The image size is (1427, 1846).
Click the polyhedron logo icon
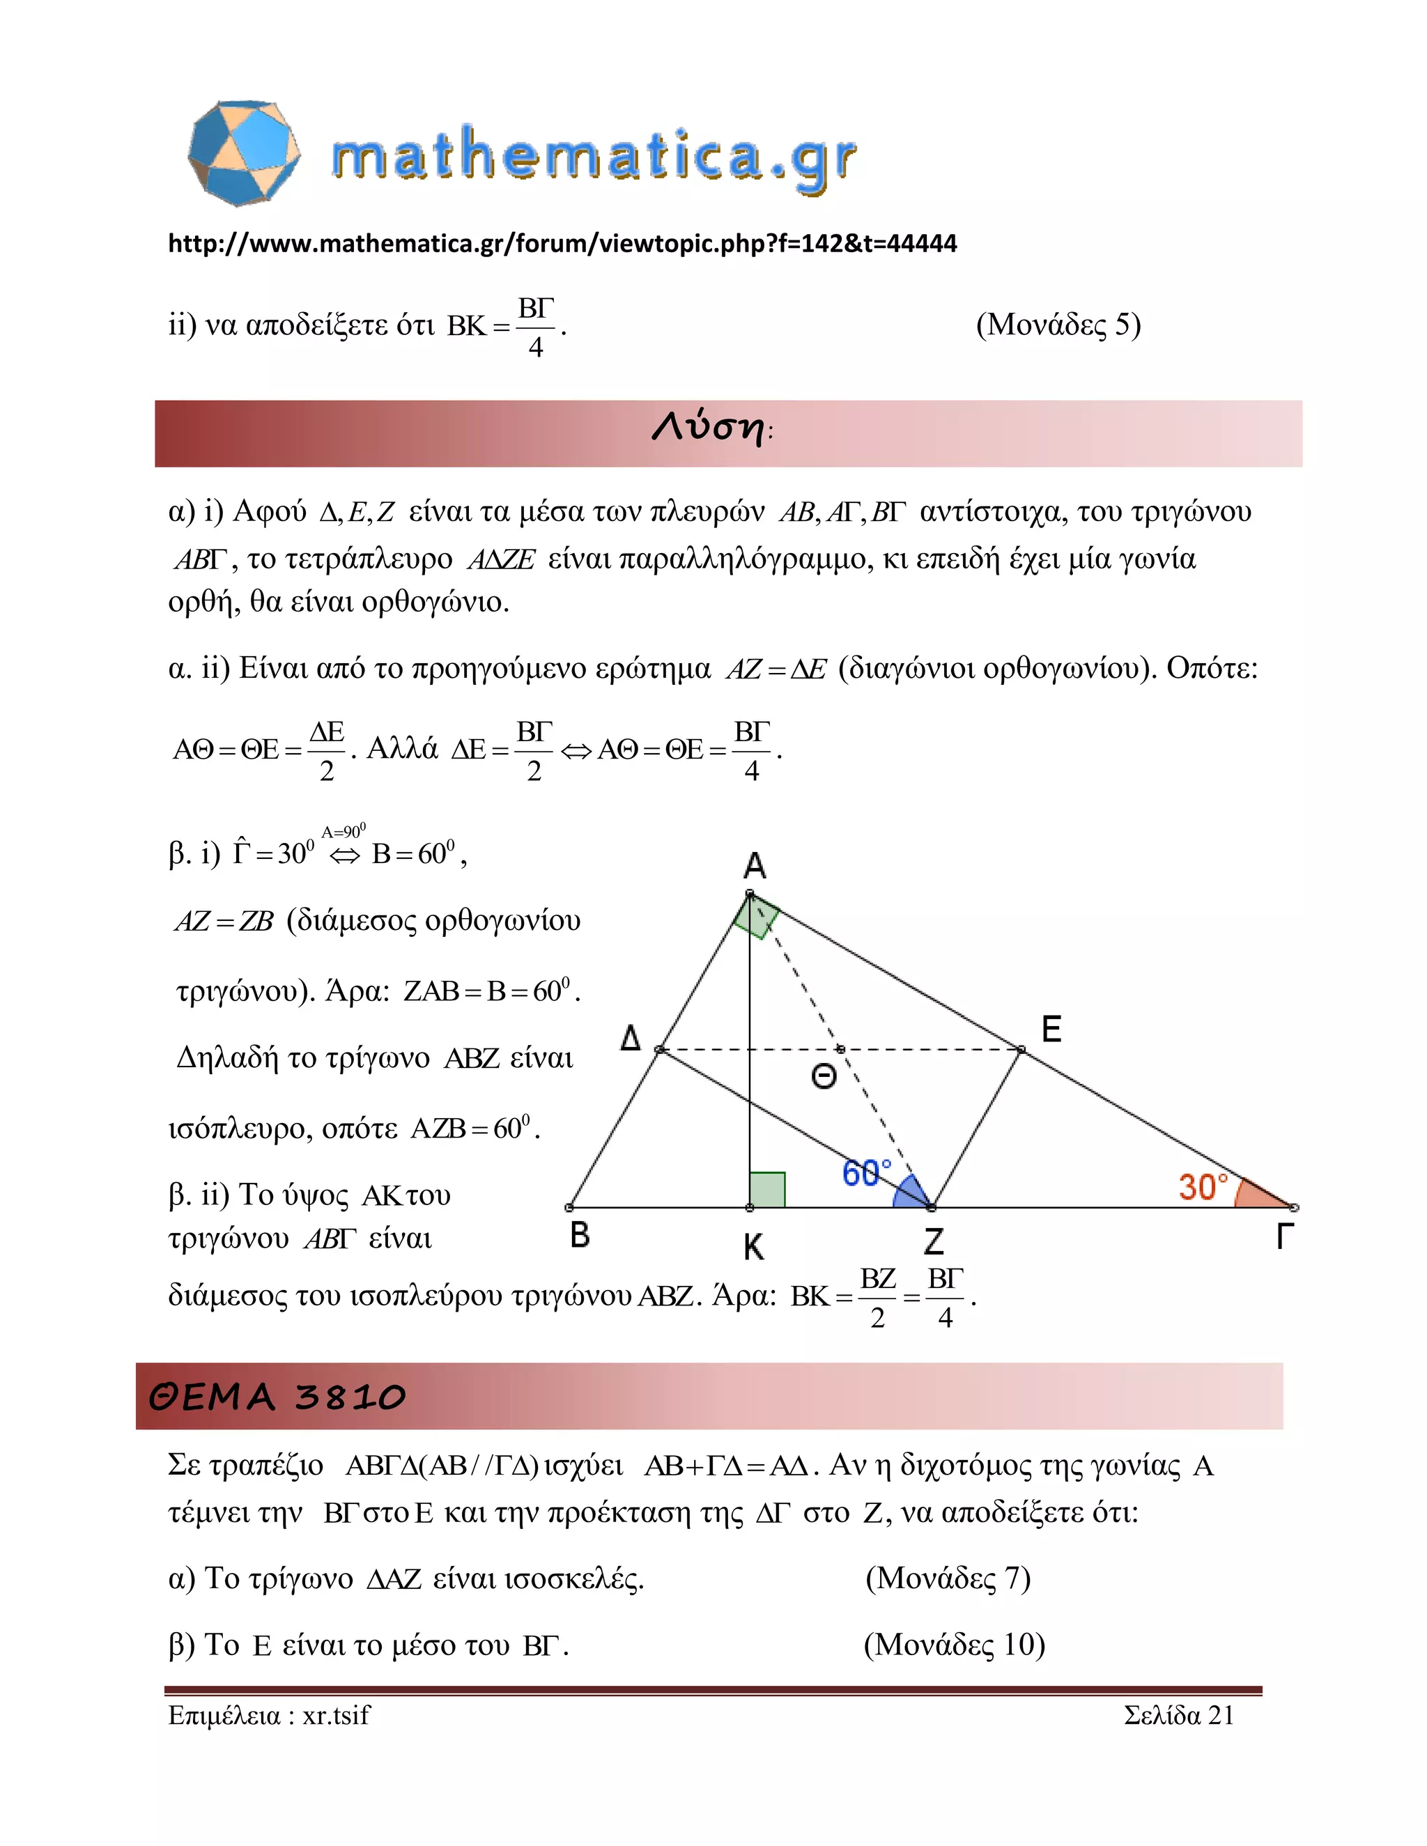243,153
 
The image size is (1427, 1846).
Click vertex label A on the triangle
754,865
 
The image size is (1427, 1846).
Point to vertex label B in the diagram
579,1235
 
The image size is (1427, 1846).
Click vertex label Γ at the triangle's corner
1284,1236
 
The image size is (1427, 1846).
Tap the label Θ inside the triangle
824,1077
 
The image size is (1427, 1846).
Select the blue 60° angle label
867,1173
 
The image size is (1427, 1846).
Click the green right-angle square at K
768,1189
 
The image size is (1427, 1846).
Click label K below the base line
753,1247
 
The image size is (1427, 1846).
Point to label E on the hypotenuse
1051,1030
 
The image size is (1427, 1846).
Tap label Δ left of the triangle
631,1037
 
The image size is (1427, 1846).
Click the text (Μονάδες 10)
955,1644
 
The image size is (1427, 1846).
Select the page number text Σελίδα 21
1178,1715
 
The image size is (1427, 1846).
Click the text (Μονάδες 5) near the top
1058,325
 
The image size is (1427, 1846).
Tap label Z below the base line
933,1241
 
